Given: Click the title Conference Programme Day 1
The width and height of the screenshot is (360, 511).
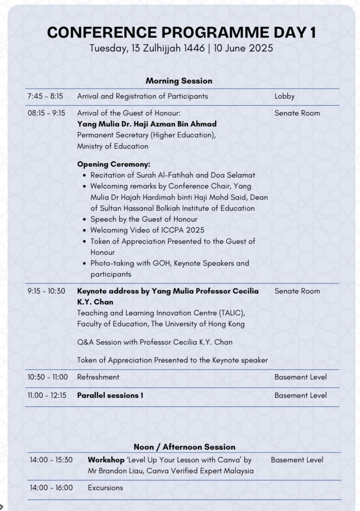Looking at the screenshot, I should [x=181, y=33].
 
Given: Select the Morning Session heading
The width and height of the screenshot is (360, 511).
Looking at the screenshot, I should [x=179, y=81].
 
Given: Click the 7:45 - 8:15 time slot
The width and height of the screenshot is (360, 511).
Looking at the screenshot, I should [x=45, y=96].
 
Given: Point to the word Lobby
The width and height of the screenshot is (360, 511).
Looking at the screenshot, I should [x=284, y=96].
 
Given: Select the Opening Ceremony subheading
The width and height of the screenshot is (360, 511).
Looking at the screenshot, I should [x=114, y=164].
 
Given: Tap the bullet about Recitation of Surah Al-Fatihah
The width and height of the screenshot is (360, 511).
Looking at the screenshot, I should [x=173, y=175].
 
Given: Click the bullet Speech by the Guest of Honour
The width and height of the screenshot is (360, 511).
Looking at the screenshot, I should [x=144, y=219].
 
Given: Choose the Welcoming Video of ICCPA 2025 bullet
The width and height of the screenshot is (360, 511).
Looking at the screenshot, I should [x=147, y=230].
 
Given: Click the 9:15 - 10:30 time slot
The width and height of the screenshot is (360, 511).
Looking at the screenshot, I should [x=46, y=291].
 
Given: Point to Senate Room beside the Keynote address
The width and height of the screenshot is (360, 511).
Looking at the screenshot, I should [x=297, y=291].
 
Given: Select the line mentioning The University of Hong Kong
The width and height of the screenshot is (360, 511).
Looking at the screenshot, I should [x=161, y=324].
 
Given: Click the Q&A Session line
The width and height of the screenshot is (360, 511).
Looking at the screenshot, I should [x=155, y=342].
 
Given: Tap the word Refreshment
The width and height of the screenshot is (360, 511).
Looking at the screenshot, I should [x=98, y=377].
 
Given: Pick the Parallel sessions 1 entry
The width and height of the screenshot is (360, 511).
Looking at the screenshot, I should [x=110, y=395].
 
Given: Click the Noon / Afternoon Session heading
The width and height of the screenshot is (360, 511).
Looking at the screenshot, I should [x=184, y=447].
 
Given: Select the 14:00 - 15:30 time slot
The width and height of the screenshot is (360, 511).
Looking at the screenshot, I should [x=51, y=460].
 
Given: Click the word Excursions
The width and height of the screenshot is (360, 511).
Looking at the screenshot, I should [x=105, y=488].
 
